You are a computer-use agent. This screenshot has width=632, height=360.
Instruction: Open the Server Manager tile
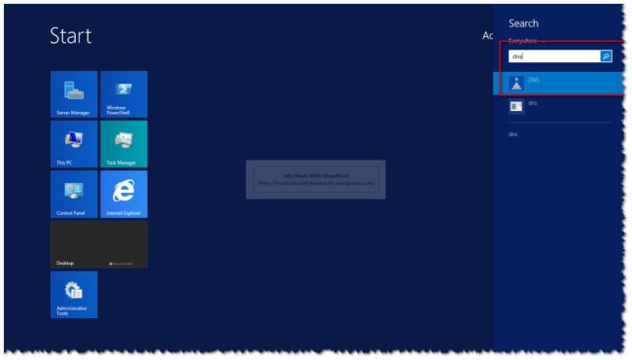pos(74,94)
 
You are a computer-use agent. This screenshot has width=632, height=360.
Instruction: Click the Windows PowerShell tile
pos(123,94)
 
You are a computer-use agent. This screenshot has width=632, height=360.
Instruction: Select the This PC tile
pos(74,144)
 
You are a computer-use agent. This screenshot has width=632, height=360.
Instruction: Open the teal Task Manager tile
pos(123,144)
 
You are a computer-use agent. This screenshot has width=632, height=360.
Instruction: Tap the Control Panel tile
pos(74,195)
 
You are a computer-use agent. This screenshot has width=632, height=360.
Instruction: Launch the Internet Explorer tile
pos(123,195)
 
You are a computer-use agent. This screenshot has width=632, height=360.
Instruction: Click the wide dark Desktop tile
pos(99,244)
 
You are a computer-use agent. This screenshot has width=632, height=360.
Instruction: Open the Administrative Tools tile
pos(74,295)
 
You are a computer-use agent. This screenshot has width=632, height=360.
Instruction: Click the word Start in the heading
pos(71,37)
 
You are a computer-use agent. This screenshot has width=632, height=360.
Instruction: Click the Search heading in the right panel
pos(523,23)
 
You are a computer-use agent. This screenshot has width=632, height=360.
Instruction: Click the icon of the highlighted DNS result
pos(516,82)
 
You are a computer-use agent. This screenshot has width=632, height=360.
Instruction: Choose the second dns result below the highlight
pos(533,104)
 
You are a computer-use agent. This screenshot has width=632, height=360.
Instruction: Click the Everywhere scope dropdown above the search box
pos(525,42)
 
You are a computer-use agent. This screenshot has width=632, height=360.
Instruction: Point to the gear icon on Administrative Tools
pos(73,289)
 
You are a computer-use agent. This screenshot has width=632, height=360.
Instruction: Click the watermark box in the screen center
pos(315,179)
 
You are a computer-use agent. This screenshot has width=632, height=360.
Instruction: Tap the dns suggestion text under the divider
pos(513,134)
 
